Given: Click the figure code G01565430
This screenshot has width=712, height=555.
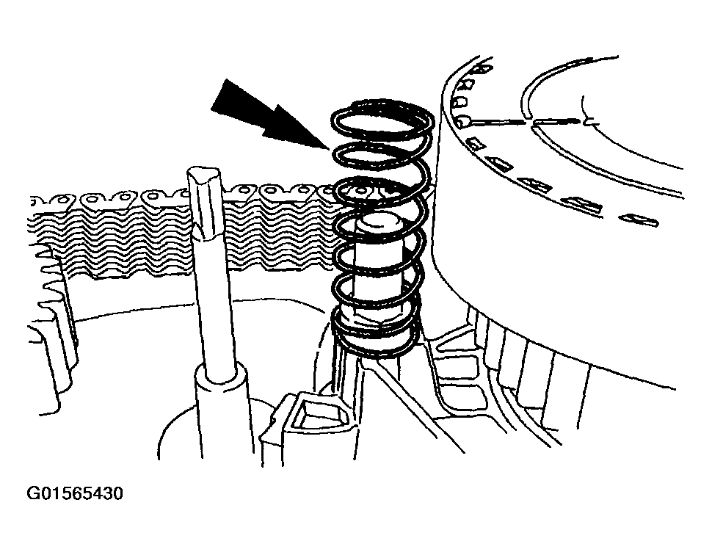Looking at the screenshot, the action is coord(76,493).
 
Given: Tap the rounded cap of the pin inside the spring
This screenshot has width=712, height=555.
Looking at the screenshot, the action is coord(379,222).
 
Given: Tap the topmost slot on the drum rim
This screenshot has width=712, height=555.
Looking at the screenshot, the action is coord(482,69).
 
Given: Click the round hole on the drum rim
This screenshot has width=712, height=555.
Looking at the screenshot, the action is coord(462,121).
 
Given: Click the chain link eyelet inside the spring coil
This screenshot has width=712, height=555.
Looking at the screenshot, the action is coord(361,190).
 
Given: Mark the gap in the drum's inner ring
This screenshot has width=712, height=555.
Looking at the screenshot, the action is coord(531,123).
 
